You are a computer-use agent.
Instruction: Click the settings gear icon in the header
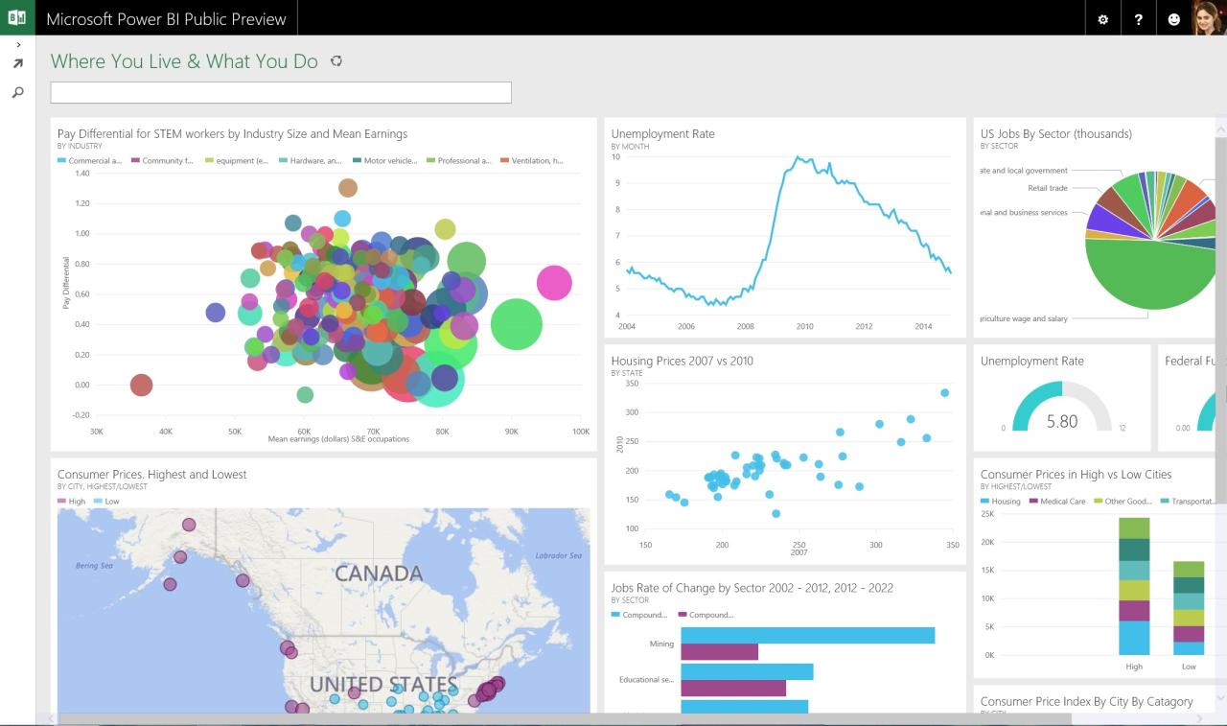[1102, 19]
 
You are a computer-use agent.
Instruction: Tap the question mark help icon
[1138, 19]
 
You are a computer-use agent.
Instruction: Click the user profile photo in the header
[1209, 18]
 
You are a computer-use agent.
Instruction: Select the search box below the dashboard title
[281, 92]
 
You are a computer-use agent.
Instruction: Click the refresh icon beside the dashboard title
[336, 61]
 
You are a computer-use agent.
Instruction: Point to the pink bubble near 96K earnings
[554, 283]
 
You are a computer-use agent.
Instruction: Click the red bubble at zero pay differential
[141, 385]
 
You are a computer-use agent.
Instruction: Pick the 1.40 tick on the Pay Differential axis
[81, 173]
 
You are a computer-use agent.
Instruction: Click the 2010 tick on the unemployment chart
[804, 326]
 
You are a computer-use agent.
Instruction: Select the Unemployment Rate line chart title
[662, 134]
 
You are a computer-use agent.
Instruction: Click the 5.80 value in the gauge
[1062, 421]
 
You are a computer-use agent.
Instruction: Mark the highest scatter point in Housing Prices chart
[944, 392]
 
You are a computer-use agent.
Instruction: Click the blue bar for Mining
[807, 635]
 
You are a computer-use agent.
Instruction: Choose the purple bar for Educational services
[733, 688]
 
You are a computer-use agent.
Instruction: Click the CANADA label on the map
[379, 574]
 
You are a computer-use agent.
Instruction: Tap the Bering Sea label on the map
[94, 566]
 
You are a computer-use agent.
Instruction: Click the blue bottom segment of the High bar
[1134, 637]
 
